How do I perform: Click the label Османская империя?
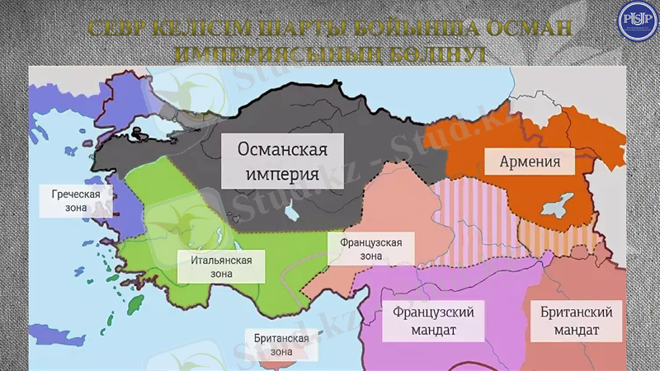[x=283, y=162]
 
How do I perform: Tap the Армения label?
[x=530, y=162]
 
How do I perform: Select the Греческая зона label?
[x=76, y=202]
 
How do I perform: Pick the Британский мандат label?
[x=577, y=322]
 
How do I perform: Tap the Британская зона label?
[x=281, y=345]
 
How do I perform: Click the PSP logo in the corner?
[x=635, y=20]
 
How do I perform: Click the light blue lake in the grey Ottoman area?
[x=293, y=212]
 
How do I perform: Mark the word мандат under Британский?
[x=577, y=331]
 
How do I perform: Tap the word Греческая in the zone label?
[x=76, y=195]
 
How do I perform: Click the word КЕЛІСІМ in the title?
[x=197, y=28]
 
